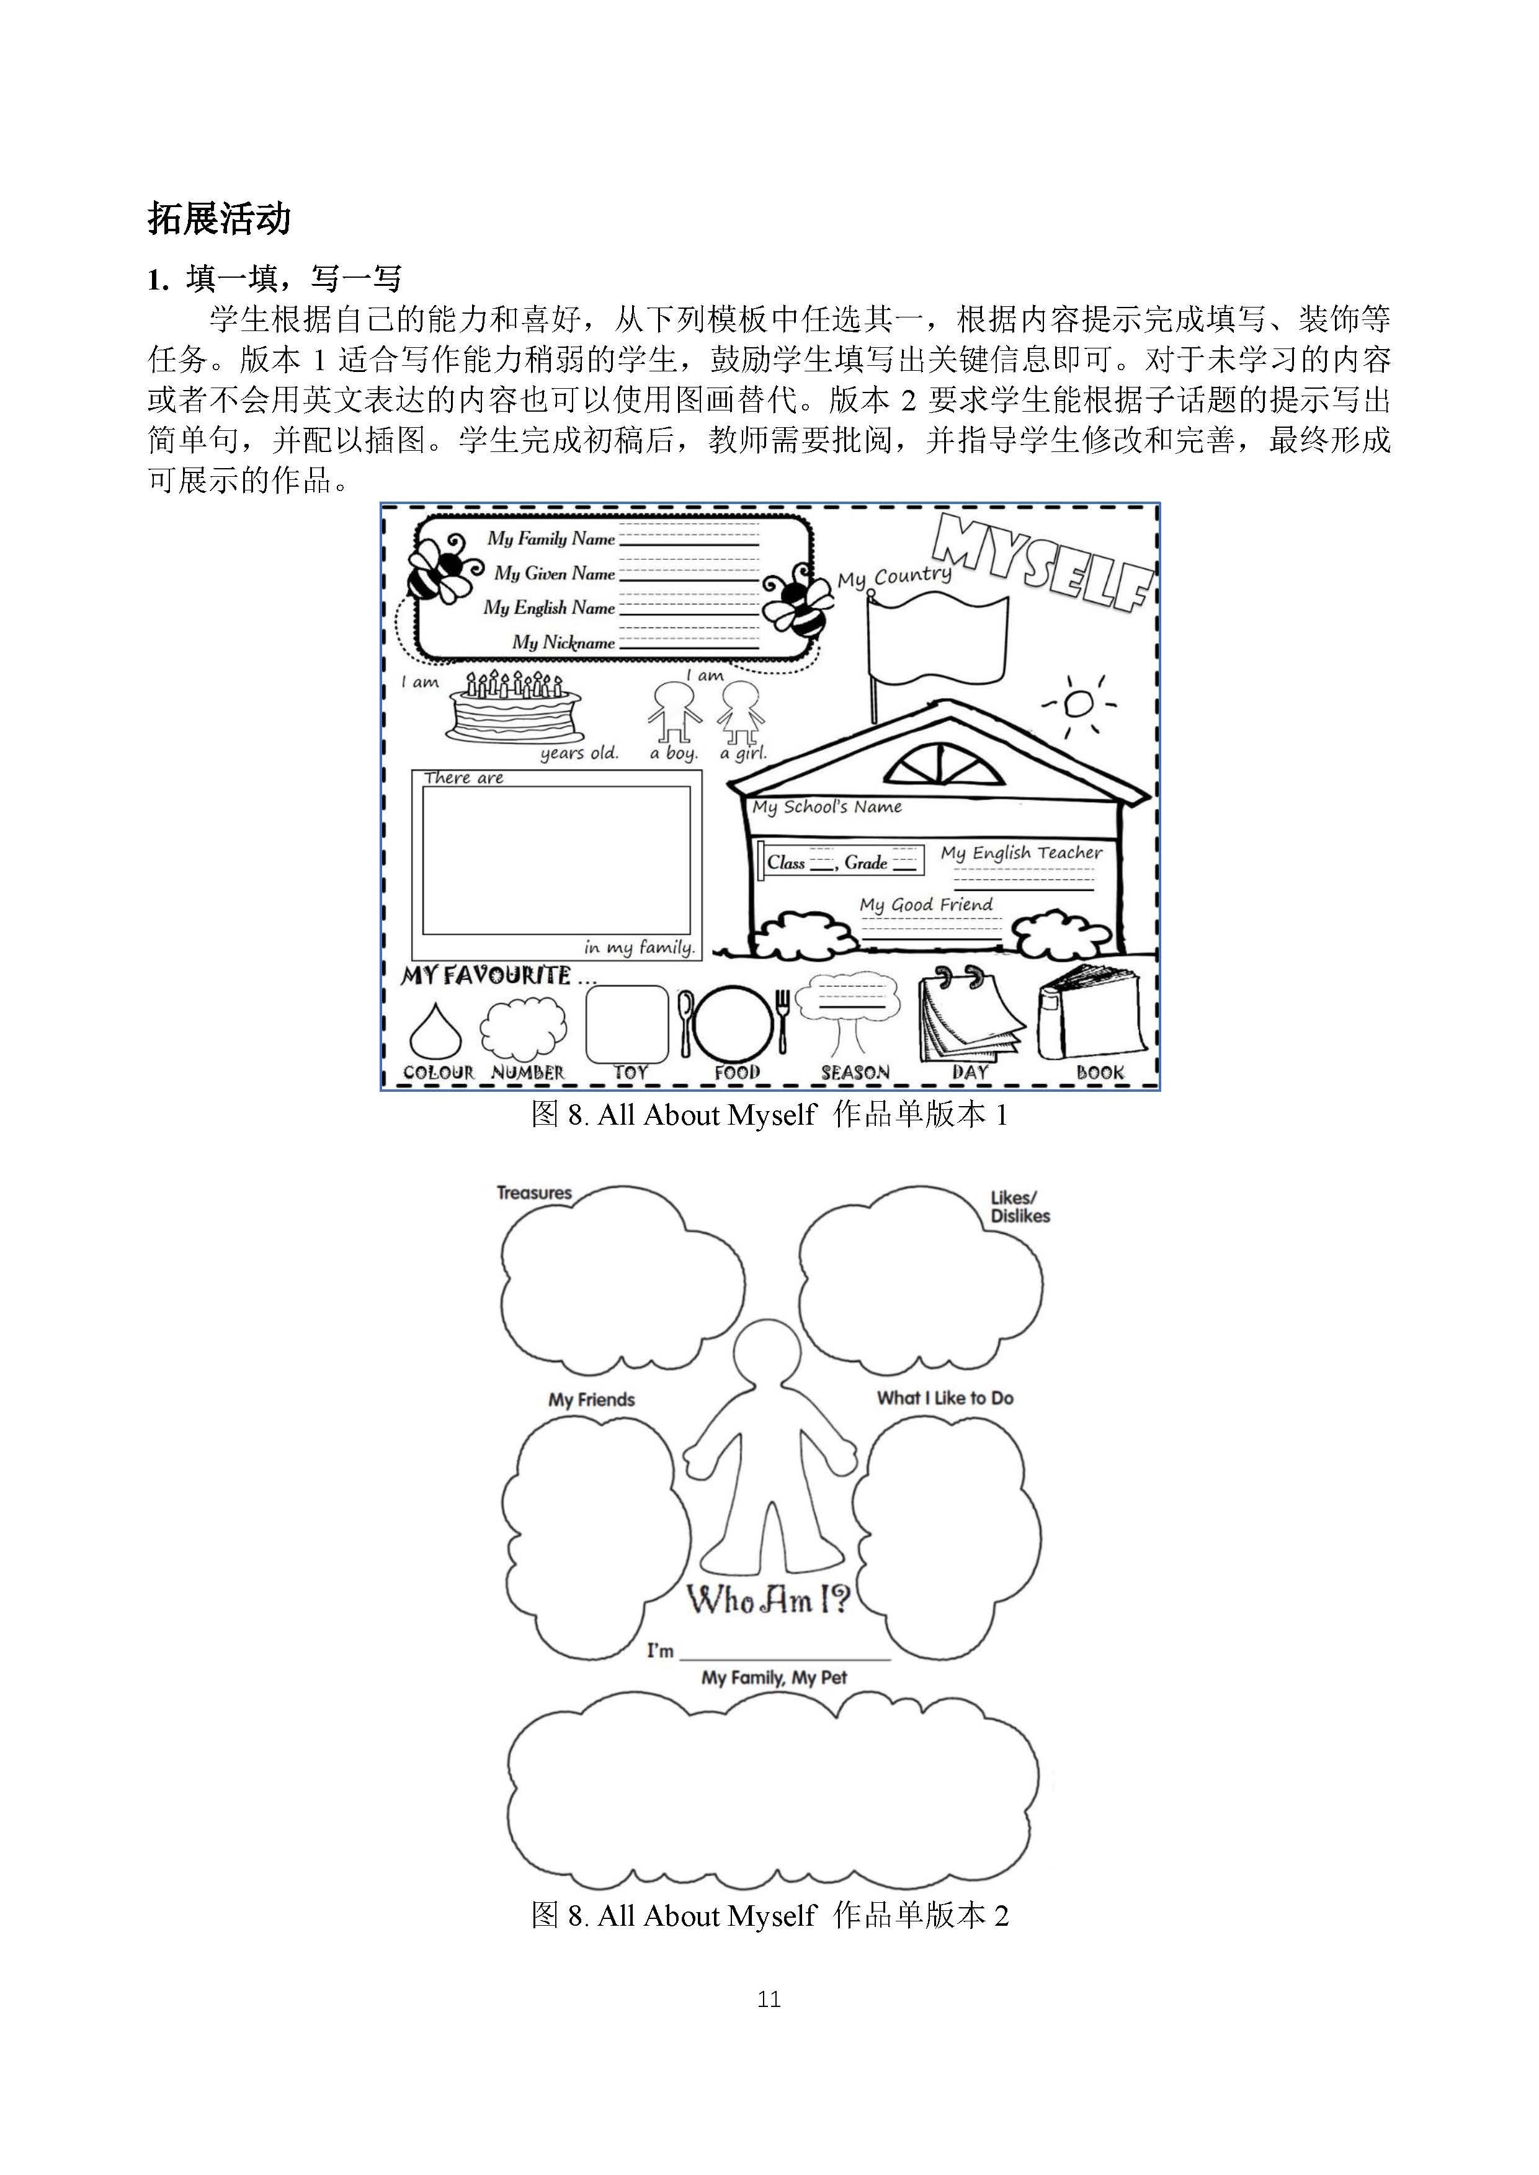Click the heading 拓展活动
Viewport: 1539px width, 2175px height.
click(219, 219)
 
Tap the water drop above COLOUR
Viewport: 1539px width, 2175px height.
click(435, 1030)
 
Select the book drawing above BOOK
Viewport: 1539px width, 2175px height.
click(1091, 1012)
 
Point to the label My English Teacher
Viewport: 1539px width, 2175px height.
click(1022, 853)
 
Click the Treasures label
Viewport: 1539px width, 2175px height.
click(535, 1193)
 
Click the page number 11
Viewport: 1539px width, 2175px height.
click(769, 1999)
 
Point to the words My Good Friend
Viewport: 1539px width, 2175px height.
click(927, 905)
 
